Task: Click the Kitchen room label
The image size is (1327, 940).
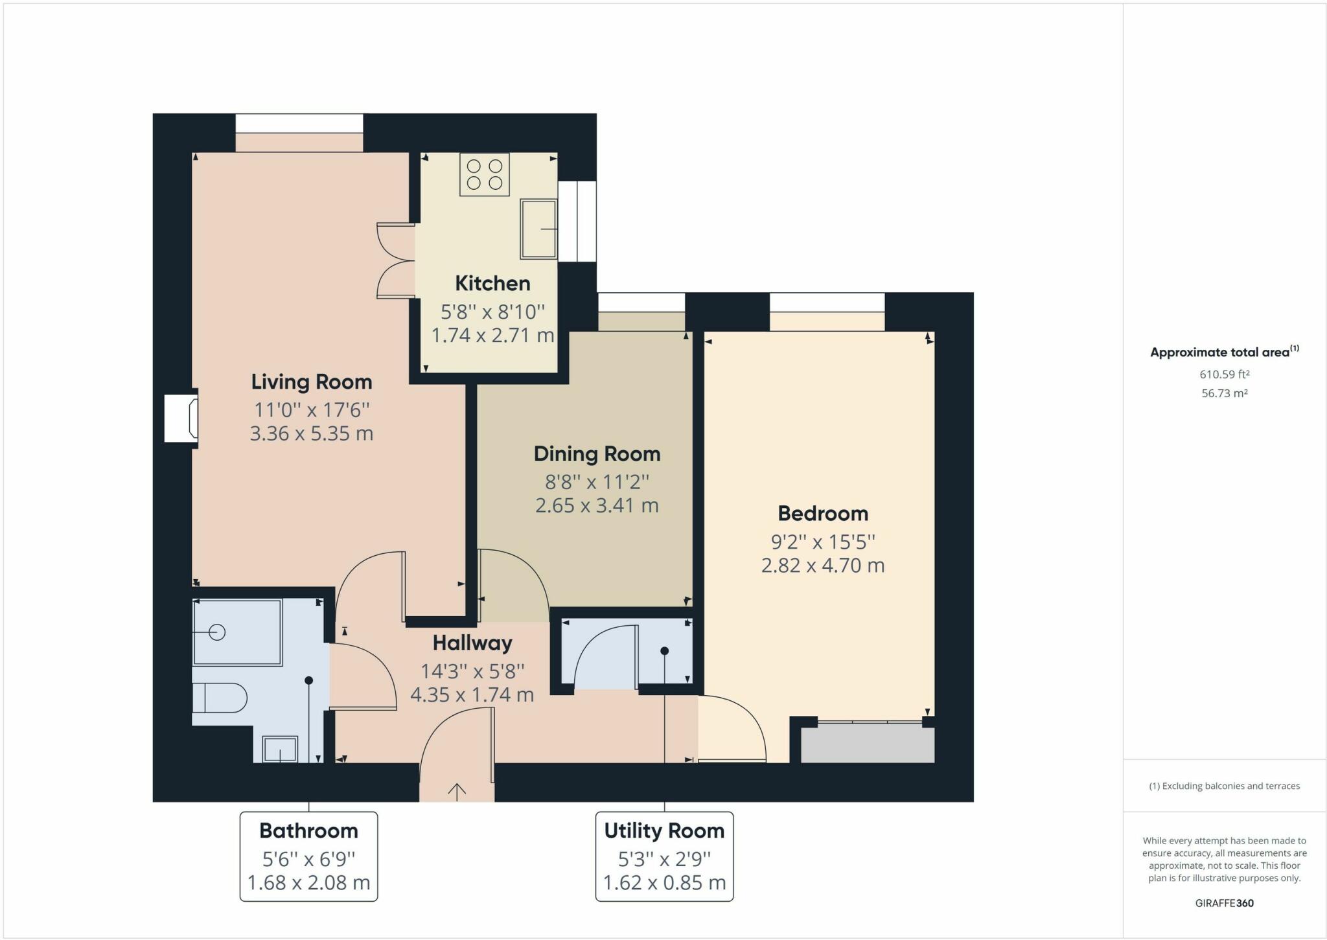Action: (x=492, y=283)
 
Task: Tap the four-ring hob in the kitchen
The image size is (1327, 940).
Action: (x=485, y=174)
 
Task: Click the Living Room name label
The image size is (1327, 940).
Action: (x=312, y=382)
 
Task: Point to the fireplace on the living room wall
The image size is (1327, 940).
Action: (x=181, y=418)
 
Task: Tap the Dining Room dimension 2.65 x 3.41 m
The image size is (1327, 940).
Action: (x=597, y=505)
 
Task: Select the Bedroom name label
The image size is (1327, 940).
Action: (x=823, y=513)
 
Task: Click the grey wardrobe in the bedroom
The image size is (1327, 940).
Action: (x=868, y=744)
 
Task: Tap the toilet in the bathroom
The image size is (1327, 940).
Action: (x=220, y=698)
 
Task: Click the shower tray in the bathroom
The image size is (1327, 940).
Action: (x=237, y=632)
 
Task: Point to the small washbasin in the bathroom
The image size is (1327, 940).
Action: (x=280, y=750)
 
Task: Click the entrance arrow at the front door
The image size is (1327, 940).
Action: (x=457, y=791)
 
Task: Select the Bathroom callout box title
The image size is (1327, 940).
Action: (x=308, y=831)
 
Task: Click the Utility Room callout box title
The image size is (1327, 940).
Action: (x=664, y=831)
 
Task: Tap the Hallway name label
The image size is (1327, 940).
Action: (x=472, y=643)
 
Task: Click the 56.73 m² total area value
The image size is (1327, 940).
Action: (x=1224, y=393)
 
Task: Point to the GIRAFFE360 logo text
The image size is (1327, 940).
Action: (x=1224, y=903)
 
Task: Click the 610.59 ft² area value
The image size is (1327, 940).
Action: (x=1224, y=374)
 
